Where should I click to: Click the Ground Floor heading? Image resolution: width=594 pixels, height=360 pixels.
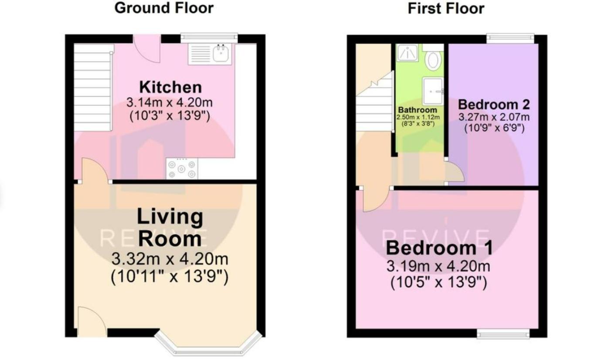click(164, 8)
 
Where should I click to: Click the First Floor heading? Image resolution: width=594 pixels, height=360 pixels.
click(445, 9)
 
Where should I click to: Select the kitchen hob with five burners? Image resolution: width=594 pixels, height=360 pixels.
click(182, 169)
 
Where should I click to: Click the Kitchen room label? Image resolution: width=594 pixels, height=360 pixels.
click(170, 87)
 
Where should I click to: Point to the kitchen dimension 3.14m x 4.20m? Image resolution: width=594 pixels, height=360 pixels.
click(170, 103)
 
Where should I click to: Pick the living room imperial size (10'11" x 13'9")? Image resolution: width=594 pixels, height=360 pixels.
click(170, 277)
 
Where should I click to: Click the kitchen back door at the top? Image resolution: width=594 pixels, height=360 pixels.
click(147, 48)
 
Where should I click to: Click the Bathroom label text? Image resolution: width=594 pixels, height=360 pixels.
click(417, 110)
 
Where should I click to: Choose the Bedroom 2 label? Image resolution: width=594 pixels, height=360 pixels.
click(494, 105)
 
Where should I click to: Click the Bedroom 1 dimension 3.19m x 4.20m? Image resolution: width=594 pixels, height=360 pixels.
click(438, 266)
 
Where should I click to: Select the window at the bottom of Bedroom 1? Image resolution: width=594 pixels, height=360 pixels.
click(503, 334)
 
